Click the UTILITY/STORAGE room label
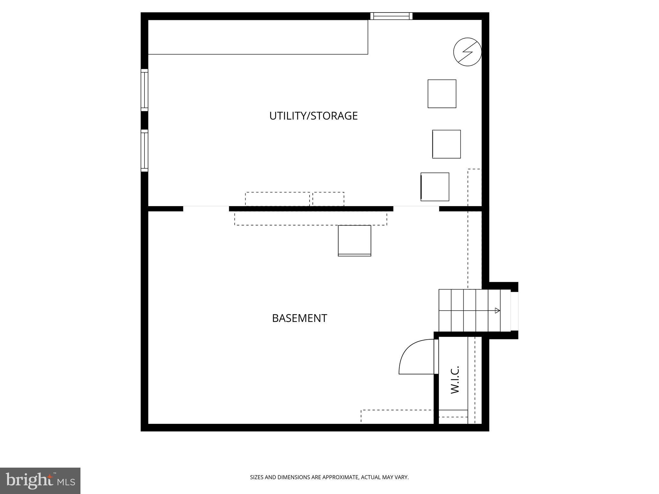pos(313,116)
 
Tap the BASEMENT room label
pos(299,318)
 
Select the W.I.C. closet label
pos(454,380)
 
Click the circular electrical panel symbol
pos(467,52)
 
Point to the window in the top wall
pos(391,16)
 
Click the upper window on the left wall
pos(144,90)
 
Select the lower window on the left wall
pos(144,151)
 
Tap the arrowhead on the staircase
pos(497,310)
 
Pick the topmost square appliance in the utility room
pos(442,94)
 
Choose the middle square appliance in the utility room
pos(446,144)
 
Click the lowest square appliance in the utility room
pos(435,187)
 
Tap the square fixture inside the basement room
pos(354,241)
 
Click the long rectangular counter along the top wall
pos(258,37)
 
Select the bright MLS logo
pos(40,480)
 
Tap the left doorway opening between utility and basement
pos(206,208)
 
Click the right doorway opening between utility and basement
pos(416,208)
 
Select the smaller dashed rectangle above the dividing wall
pos(328,199)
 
